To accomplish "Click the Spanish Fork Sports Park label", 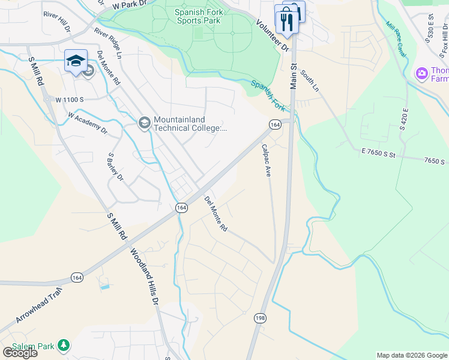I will tap(197, 16).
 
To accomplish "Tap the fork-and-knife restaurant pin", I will tap(285, 22).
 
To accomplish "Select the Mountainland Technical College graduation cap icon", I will tap(144, 123).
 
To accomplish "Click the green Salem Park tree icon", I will tap(63, 346).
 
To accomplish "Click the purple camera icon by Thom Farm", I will tap(422, 73).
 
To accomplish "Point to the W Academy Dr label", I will tap(87, 123).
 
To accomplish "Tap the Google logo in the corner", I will tap(20, 353).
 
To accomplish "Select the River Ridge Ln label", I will tap(109, 44).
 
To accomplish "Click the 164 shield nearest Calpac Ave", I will tap(274, 124).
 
